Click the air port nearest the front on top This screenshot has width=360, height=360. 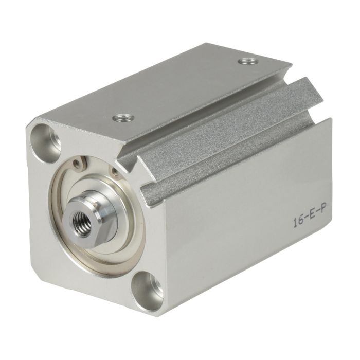pos(123,118)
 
